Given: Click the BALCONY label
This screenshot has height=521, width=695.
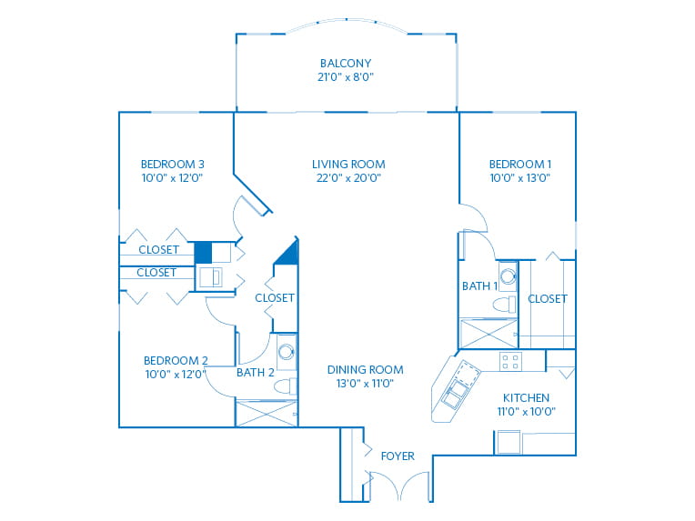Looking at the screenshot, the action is (346, 64).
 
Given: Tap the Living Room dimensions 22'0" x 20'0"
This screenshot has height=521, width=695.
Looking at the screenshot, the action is (348, 178).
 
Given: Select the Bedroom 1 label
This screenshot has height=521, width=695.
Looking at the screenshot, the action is (520, 165).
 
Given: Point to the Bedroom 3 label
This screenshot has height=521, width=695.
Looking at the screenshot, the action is (173, 165).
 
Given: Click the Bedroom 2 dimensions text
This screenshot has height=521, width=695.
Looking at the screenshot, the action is (176, 375).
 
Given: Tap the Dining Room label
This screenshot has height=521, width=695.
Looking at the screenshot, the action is (365, 369).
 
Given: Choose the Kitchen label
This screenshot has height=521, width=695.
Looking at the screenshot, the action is (526, 398).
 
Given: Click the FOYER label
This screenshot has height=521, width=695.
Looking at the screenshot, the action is (398, 456).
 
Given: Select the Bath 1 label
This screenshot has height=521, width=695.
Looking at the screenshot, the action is (479, 286).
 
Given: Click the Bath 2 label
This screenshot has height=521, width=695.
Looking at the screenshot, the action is (256, 373).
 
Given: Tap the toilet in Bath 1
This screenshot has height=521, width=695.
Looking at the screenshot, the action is (504, 305).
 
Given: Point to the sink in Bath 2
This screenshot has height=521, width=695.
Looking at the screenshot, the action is (287, 352).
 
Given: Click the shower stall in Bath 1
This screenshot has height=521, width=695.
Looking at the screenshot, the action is (489, 333).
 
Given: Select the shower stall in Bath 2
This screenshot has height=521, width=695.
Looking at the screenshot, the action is (267, 414).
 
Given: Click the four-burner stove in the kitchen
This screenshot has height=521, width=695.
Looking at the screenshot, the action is (510, 362).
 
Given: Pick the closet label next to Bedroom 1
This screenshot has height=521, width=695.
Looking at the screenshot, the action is (548, 299).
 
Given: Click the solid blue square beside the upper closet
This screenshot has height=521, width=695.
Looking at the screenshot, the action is (203, 253).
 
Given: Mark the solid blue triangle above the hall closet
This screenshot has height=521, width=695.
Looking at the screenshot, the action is (287, 253).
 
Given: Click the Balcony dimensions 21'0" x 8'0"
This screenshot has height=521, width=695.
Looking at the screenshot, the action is (346, 77).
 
